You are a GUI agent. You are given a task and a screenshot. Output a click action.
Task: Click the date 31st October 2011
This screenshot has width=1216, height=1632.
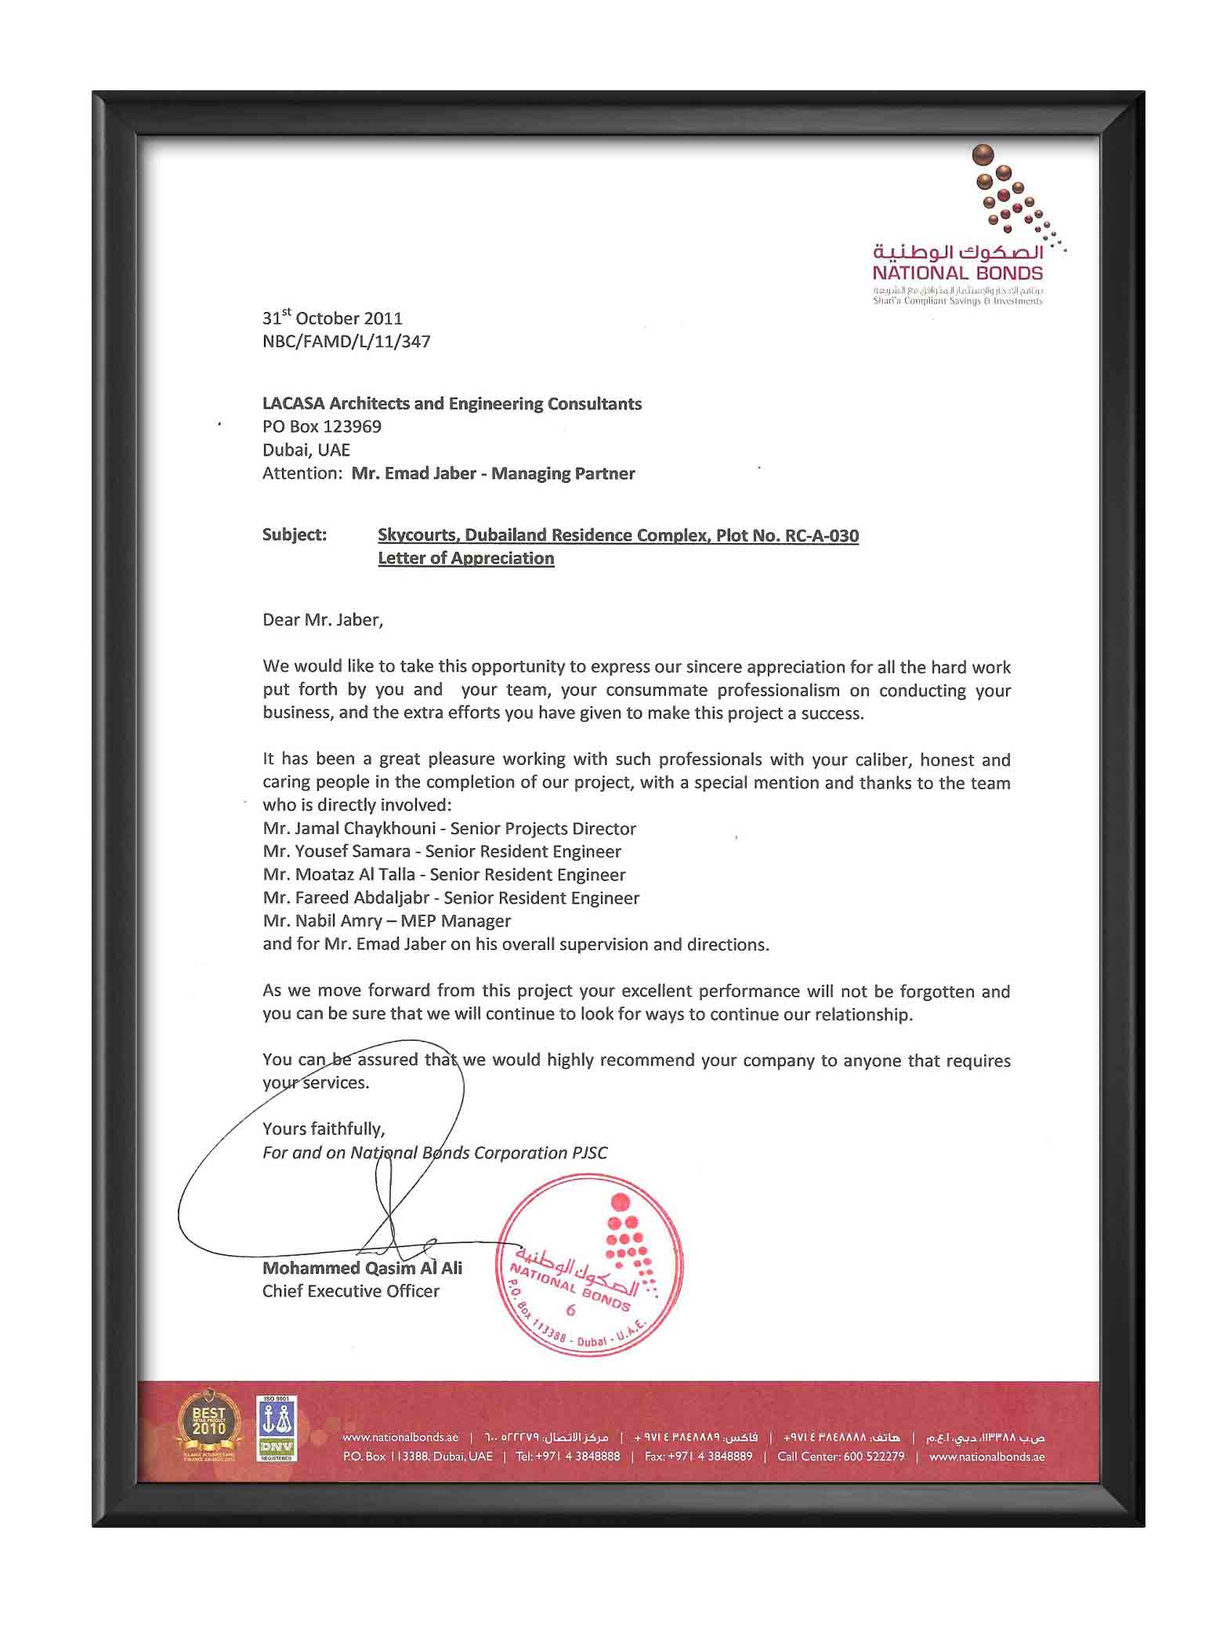tap(332, 318)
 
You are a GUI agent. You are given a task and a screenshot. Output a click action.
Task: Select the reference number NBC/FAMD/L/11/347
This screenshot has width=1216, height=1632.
tap(346, 342)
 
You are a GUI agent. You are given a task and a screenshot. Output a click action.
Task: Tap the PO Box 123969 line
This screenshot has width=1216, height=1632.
tap(322, 426)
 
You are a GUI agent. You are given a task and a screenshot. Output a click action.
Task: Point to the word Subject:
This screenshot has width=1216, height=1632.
tap(294, 535)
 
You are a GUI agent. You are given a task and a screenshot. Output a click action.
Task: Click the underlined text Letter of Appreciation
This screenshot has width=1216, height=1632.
tap(465, 558)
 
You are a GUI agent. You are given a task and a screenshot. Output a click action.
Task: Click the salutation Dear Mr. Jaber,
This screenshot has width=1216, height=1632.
tap(323, 619)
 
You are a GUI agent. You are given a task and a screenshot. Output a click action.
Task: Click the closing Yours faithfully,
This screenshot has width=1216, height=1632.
tap(324, 1129)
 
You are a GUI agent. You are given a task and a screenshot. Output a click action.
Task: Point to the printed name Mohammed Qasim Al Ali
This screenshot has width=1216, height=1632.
tap(362, 1268)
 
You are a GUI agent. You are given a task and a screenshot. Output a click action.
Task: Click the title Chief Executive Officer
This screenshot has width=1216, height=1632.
tap(350, 1291)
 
